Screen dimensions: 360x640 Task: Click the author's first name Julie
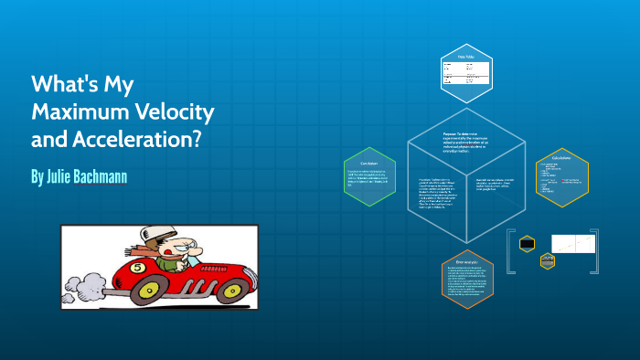click(x=60, y=174)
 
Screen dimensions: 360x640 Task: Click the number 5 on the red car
click(x=138, y=268)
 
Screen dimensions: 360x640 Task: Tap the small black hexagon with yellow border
click(x=527, y=243)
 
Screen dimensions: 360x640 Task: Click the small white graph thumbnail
click(x=577, y=243)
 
